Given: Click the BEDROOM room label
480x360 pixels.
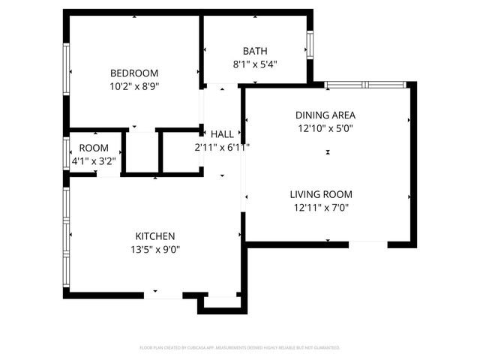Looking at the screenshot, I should (x=134, y=73).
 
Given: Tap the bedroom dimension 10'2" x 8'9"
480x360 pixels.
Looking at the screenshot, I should (x=134, y=86).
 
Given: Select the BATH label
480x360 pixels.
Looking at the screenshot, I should (x=255, y=51).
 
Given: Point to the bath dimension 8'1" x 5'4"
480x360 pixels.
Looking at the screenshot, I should (x=255, y=64).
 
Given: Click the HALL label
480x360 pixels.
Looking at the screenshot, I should (x=222, y=134).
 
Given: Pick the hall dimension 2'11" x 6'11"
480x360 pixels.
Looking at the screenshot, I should (x=222, y=148).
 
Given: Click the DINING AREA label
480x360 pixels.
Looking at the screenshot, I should (x=325, y=115).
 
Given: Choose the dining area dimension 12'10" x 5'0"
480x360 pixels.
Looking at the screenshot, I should (x=325, y=129).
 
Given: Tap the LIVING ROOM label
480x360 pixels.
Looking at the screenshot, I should (x=321, y=194).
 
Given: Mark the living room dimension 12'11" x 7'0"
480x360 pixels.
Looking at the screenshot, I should (x=321, y=208).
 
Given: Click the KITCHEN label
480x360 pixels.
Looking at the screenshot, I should (x=155, y=235).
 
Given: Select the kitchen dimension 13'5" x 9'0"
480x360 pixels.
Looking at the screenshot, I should (x=155, y=249).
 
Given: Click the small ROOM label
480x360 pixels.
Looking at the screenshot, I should (x=94, y=148).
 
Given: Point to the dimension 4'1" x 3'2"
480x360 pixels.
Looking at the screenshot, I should (x=94, y=160).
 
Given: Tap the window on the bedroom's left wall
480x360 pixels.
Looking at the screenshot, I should (x=66, y=68).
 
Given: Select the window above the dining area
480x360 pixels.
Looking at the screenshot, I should (x=364, y=85).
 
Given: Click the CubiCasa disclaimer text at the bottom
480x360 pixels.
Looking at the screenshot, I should (x=240, y=348).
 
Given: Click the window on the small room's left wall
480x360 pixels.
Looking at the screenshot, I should (x=66, y=152).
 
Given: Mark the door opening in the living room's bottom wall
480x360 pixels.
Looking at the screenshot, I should (x=367, y=242).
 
